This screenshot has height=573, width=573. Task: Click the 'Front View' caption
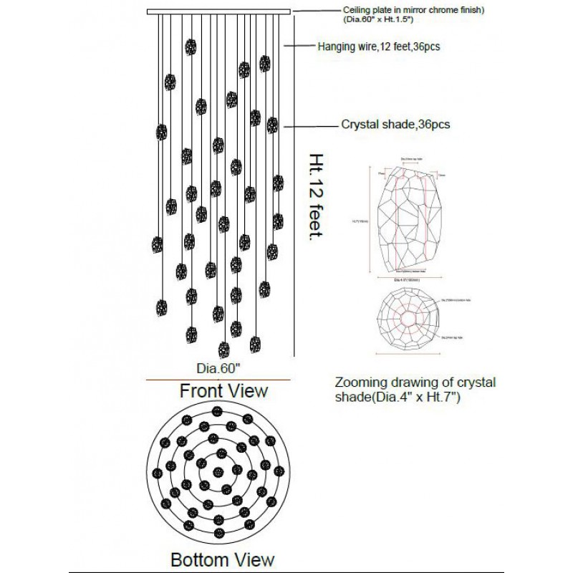click(223, 390)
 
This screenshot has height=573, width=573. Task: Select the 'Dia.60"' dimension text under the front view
click(218, 369)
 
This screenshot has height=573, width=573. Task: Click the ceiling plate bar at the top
click(218, 11)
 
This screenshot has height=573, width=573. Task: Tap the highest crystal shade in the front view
click(191, 47)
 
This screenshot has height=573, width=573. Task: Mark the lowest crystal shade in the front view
click(223, 350)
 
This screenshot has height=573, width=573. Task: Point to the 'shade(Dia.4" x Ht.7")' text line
click(397, 395)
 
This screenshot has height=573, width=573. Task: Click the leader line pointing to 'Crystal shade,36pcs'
click(312, 125)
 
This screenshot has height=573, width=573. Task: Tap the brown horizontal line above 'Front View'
click(218, 380)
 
